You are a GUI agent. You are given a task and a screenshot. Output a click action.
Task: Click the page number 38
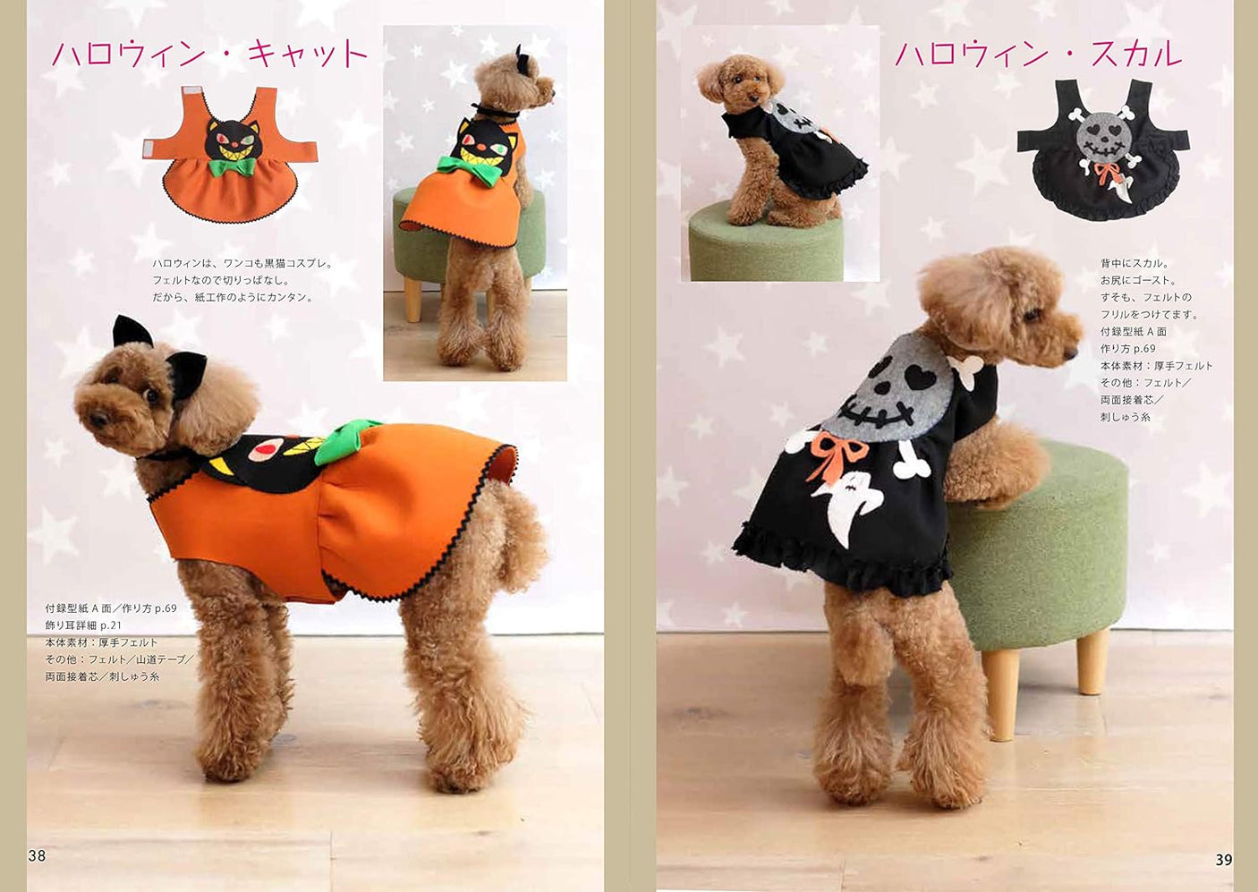(37, 855)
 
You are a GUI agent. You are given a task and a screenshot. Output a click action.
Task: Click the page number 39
(1223, 860)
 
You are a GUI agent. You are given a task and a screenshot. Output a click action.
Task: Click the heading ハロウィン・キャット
(209, 54)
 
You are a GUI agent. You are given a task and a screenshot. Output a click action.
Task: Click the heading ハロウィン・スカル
(1038, 54)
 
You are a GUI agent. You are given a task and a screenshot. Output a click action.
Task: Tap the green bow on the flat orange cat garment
(231, 167)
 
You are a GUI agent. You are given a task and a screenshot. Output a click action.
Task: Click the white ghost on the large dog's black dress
(851, 505)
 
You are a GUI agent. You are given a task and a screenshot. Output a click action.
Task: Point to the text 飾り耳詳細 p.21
(83, 625)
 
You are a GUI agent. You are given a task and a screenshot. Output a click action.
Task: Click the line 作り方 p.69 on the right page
(1127, 349)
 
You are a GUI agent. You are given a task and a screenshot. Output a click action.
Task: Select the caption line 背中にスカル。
(1135, 263)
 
